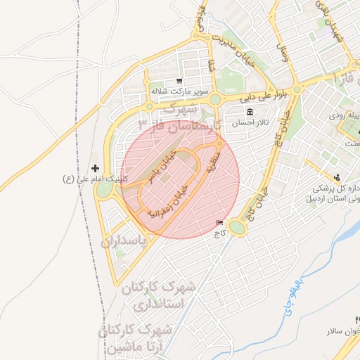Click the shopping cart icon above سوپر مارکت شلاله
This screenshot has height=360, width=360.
point(179,80)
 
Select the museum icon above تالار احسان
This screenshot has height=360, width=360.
point(250,113)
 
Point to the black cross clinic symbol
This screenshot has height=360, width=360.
point(96,168)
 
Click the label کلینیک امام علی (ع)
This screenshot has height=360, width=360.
point(96,179)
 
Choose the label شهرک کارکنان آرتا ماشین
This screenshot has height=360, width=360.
point(141,337)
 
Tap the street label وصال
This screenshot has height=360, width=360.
point(284,53)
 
